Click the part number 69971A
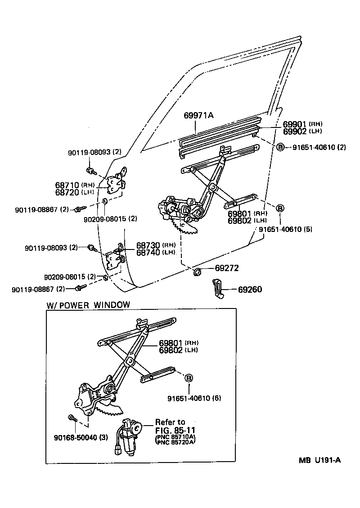click(x=198, y=116)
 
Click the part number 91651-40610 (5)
click(x=285, y=229)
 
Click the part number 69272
click(x=226, y=268)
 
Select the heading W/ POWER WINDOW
click(x=88, y=304)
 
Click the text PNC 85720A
click(x=175, y=442)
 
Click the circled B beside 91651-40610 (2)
click(x=279, y=147)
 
